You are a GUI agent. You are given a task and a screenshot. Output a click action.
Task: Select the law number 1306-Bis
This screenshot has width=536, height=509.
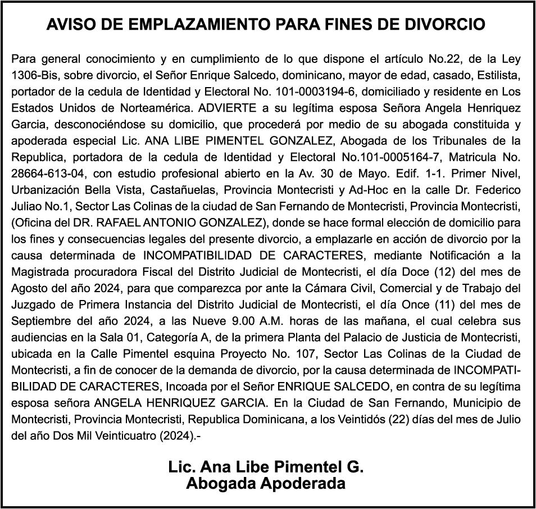tap(33, 75)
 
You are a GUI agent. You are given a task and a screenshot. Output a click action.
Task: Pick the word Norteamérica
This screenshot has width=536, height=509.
tap(160, 107)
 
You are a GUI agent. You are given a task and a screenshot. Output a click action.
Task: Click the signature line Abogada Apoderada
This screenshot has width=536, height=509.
tap(266, 483)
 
